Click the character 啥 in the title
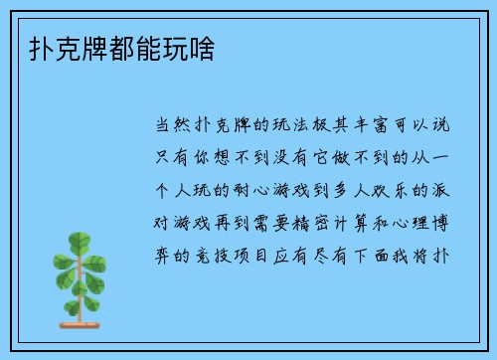pyautogui.click(x=210, y=48)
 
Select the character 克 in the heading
pyautogui.click(x=51, y=48)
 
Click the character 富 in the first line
pyautogui.click(x=374, y=127)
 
